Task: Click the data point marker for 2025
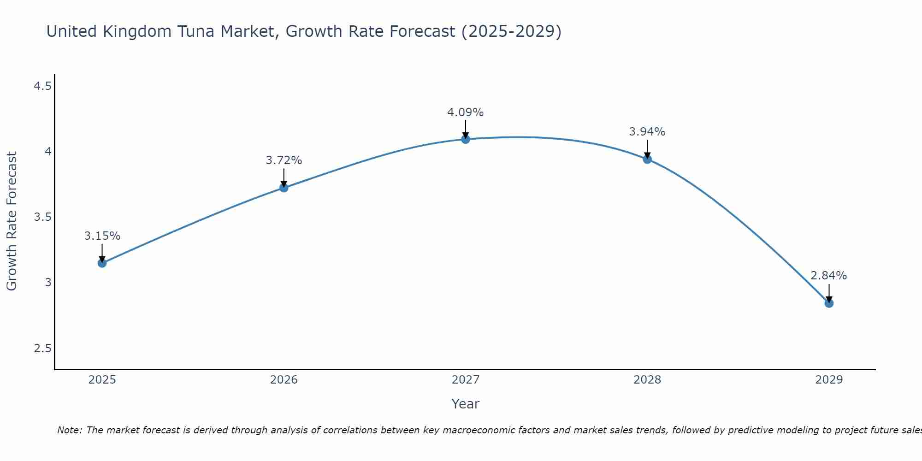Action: point(102,263)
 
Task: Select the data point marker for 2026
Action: point(284,188)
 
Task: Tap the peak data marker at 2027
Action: point(466,139)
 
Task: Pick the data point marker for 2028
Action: point(647,160)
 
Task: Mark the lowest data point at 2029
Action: point(829,303)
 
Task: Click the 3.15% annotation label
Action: point(102,236)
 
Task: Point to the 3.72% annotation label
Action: point(284,160)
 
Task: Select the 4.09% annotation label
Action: point(466,112)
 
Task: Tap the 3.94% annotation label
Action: point(647,132)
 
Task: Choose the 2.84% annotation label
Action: point(829,276)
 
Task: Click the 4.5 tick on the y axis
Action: point(42,86)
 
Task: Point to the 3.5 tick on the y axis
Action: point(42,217)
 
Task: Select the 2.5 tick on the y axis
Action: point(42,348)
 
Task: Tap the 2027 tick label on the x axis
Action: point(466,380)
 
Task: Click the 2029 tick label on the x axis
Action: point(829,380)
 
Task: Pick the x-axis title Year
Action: point(466,404)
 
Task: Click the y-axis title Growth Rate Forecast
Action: point(12,221)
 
